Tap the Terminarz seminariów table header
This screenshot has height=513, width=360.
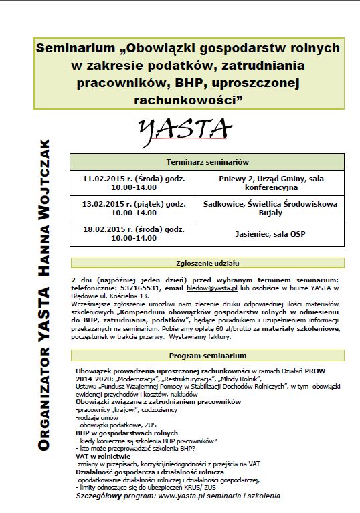207,162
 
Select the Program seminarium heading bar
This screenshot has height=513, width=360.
207,355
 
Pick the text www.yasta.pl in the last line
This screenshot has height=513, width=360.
179,496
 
